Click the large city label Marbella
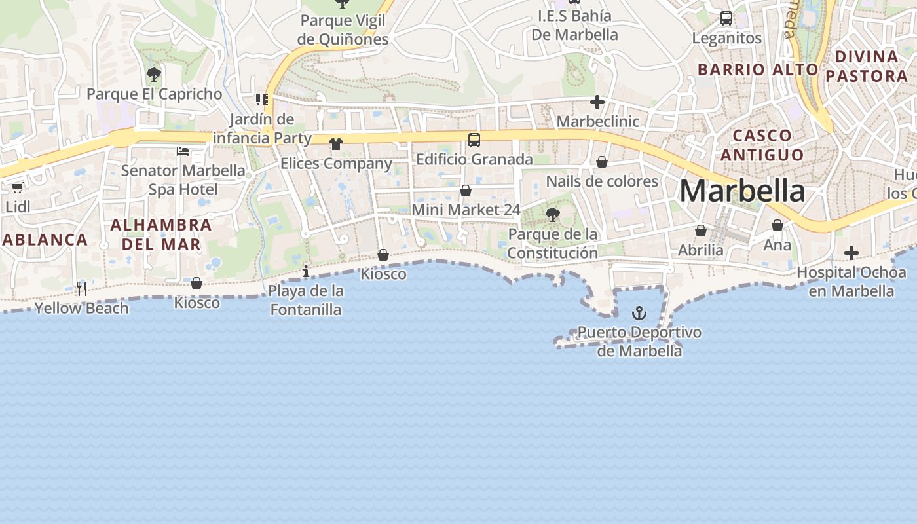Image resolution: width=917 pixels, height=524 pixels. (x=742, y=191)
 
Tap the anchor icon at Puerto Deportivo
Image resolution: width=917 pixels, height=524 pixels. (x=639, y=313)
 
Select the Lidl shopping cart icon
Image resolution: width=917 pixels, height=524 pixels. (x=18, y=187)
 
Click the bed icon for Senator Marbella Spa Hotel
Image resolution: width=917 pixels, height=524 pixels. (x=183, y=151)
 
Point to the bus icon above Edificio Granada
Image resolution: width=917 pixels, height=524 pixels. (x=474, y=140)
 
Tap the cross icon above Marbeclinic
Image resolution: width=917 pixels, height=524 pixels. (x=597, y=102)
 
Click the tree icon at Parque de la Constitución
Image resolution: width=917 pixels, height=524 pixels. (x=552, y=214)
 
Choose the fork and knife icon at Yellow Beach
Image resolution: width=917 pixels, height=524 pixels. (x=81, y=288)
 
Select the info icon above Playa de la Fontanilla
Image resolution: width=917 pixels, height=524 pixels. (x=306, y=271)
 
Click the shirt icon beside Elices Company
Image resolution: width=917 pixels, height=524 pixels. (x=336, y=144)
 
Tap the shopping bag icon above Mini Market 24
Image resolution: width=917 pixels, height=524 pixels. (x=466, y=191)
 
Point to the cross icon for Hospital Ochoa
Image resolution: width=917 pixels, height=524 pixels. (x=851, y=253)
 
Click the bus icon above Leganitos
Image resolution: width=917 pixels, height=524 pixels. (x=726, y=18)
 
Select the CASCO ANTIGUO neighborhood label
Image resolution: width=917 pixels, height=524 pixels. (x=758, y=145)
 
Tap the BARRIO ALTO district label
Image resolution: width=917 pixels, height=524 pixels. (x=758, y=69)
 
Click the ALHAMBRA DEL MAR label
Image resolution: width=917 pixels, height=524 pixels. (x=160, y=234)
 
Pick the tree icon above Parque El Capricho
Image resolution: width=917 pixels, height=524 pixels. (x=154, y=74)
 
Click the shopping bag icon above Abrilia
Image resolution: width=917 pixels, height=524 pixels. (x=701, y=231)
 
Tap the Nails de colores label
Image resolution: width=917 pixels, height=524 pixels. (x=602, y=181)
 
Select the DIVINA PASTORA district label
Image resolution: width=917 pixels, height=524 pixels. (x=867, y=66)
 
